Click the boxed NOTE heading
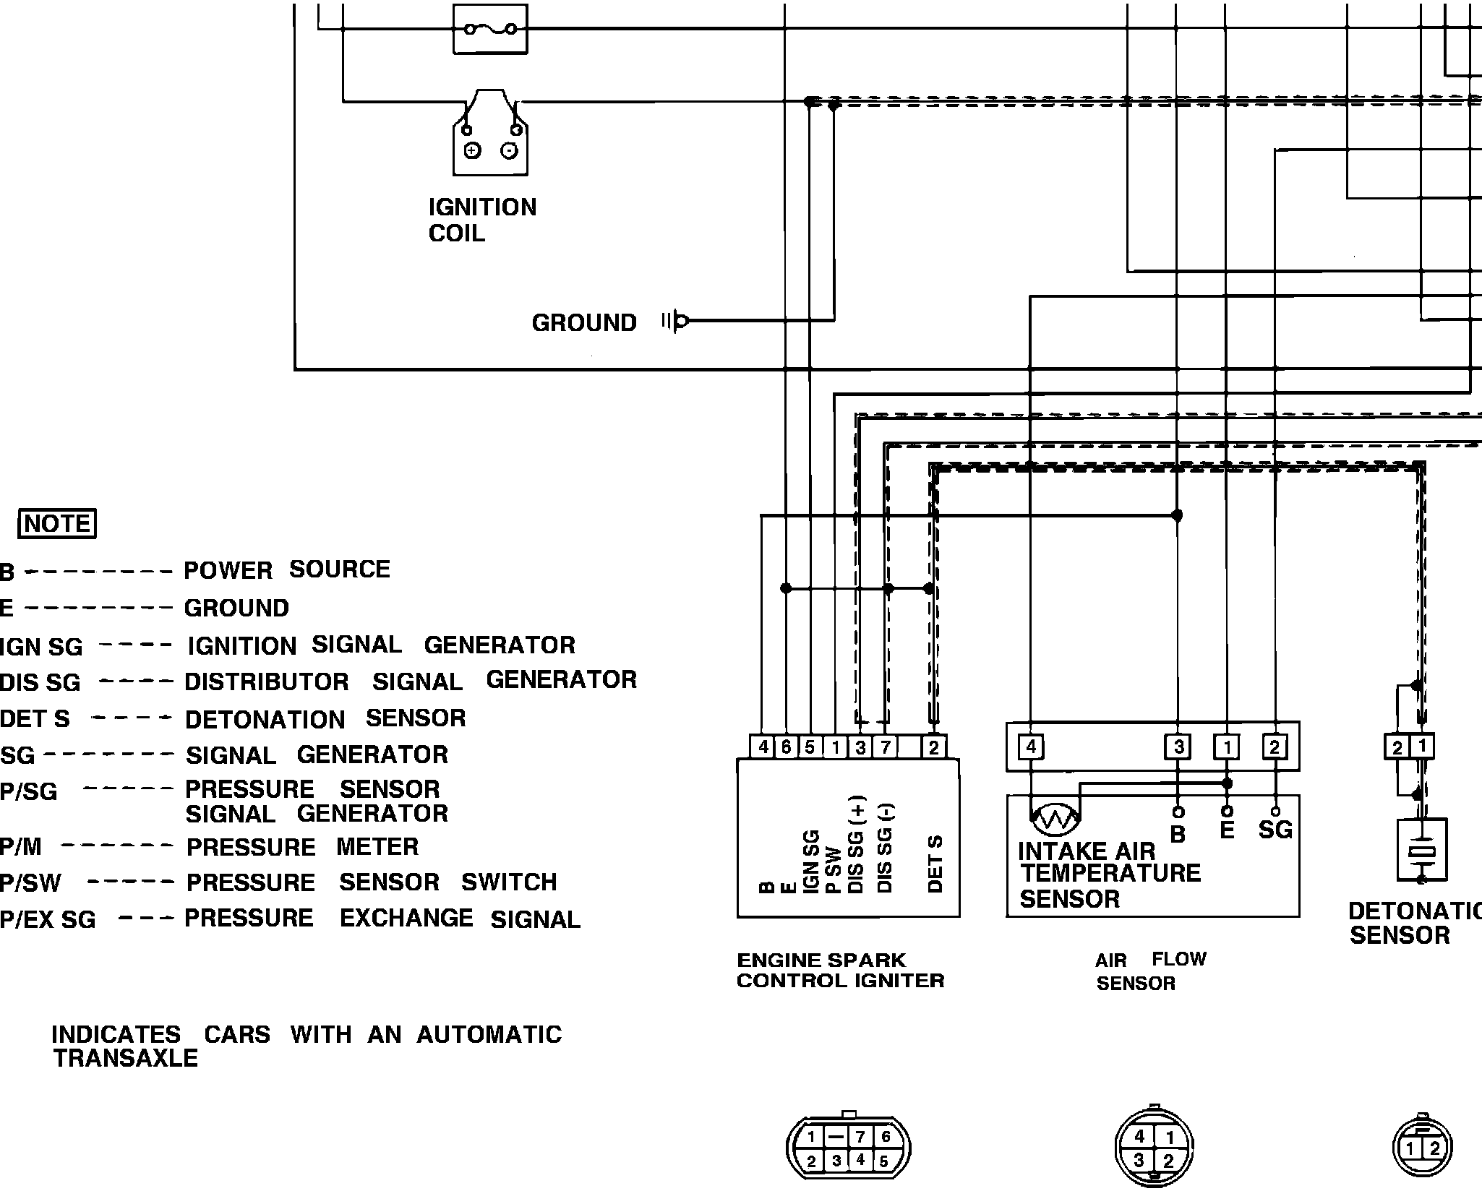click(x=57, y=523)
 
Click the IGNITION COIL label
click(x=482, y=220)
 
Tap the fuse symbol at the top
click(x=490, y=29)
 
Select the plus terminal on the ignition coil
click(x=472, y=150)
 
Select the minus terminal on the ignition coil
click(x=510, y=150)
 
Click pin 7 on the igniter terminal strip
click(x=885, y=747)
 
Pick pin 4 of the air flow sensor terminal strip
click(x=1031, y=747)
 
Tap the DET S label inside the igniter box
click(x=935, y=864)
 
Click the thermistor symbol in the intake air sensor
click(x=1055, y=818)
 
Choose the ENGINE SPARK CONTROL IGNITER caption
click(x=840, y=971)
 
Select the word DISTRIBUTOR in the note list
click(x=267, y=682)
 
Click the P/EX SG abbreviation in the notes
click(x=48, y=919)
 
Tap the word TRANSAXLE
click(x=126, y=1058)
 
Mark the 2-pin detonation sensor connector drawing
click(x=1422, y=1148)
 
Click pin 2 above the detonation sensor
click(x=1397, y=747)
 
